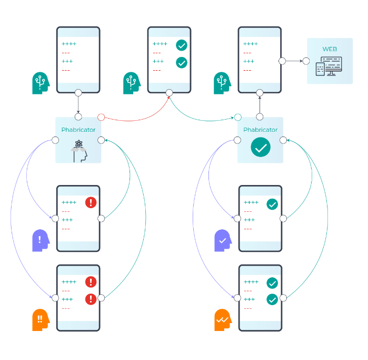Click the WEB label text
pos(330,49)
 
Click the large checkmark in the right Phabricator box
pos(261,148)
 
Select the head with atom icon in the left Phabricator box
pos(78,151)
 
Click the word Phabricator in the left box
pos(78,130)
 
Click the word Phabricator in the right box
pos(260,130)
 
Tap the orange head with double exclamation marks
pos(41,319)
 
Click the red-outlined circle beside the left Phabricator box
pos(101,117)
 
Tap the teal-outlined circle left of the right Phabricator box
pos(237,117)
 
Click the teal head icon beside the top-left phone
pos(41,83)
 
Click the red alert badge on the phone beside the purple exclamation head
pos(91,202)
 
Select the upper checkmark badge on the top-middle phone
pos(182,45)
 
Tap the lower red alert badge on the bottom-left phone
pos(91,299)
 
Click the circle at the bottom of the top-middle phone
pos(169,93)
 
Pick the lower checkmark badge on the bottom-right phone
pos(272,299)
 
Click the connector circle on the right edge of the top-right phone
pos(282,61)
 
